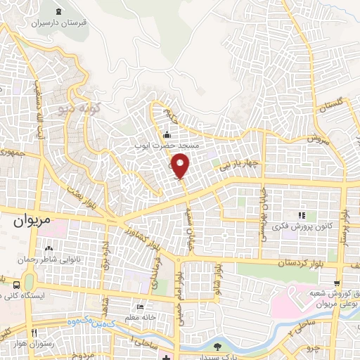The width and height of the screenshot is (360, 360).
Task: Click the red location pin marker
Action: [181, 165]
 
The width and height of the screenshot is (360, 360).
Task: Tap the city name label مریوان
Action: [32, 219]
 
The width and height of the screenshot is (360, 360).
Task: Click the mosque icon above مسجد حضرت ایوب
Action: [167, 135]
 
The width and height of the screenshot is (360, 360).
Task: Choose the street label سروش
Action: [317, 140]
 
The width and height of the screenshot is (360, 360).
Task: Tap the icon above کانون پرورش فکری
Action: [302, 215]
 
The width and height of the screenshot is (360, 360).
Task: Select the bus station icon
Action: [16, 284]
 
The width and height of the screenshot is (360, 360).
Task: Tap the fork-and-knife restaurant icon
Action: [34, 332]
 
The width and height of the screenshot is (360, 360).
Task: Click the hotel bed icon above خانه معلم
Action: [140, 307]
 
